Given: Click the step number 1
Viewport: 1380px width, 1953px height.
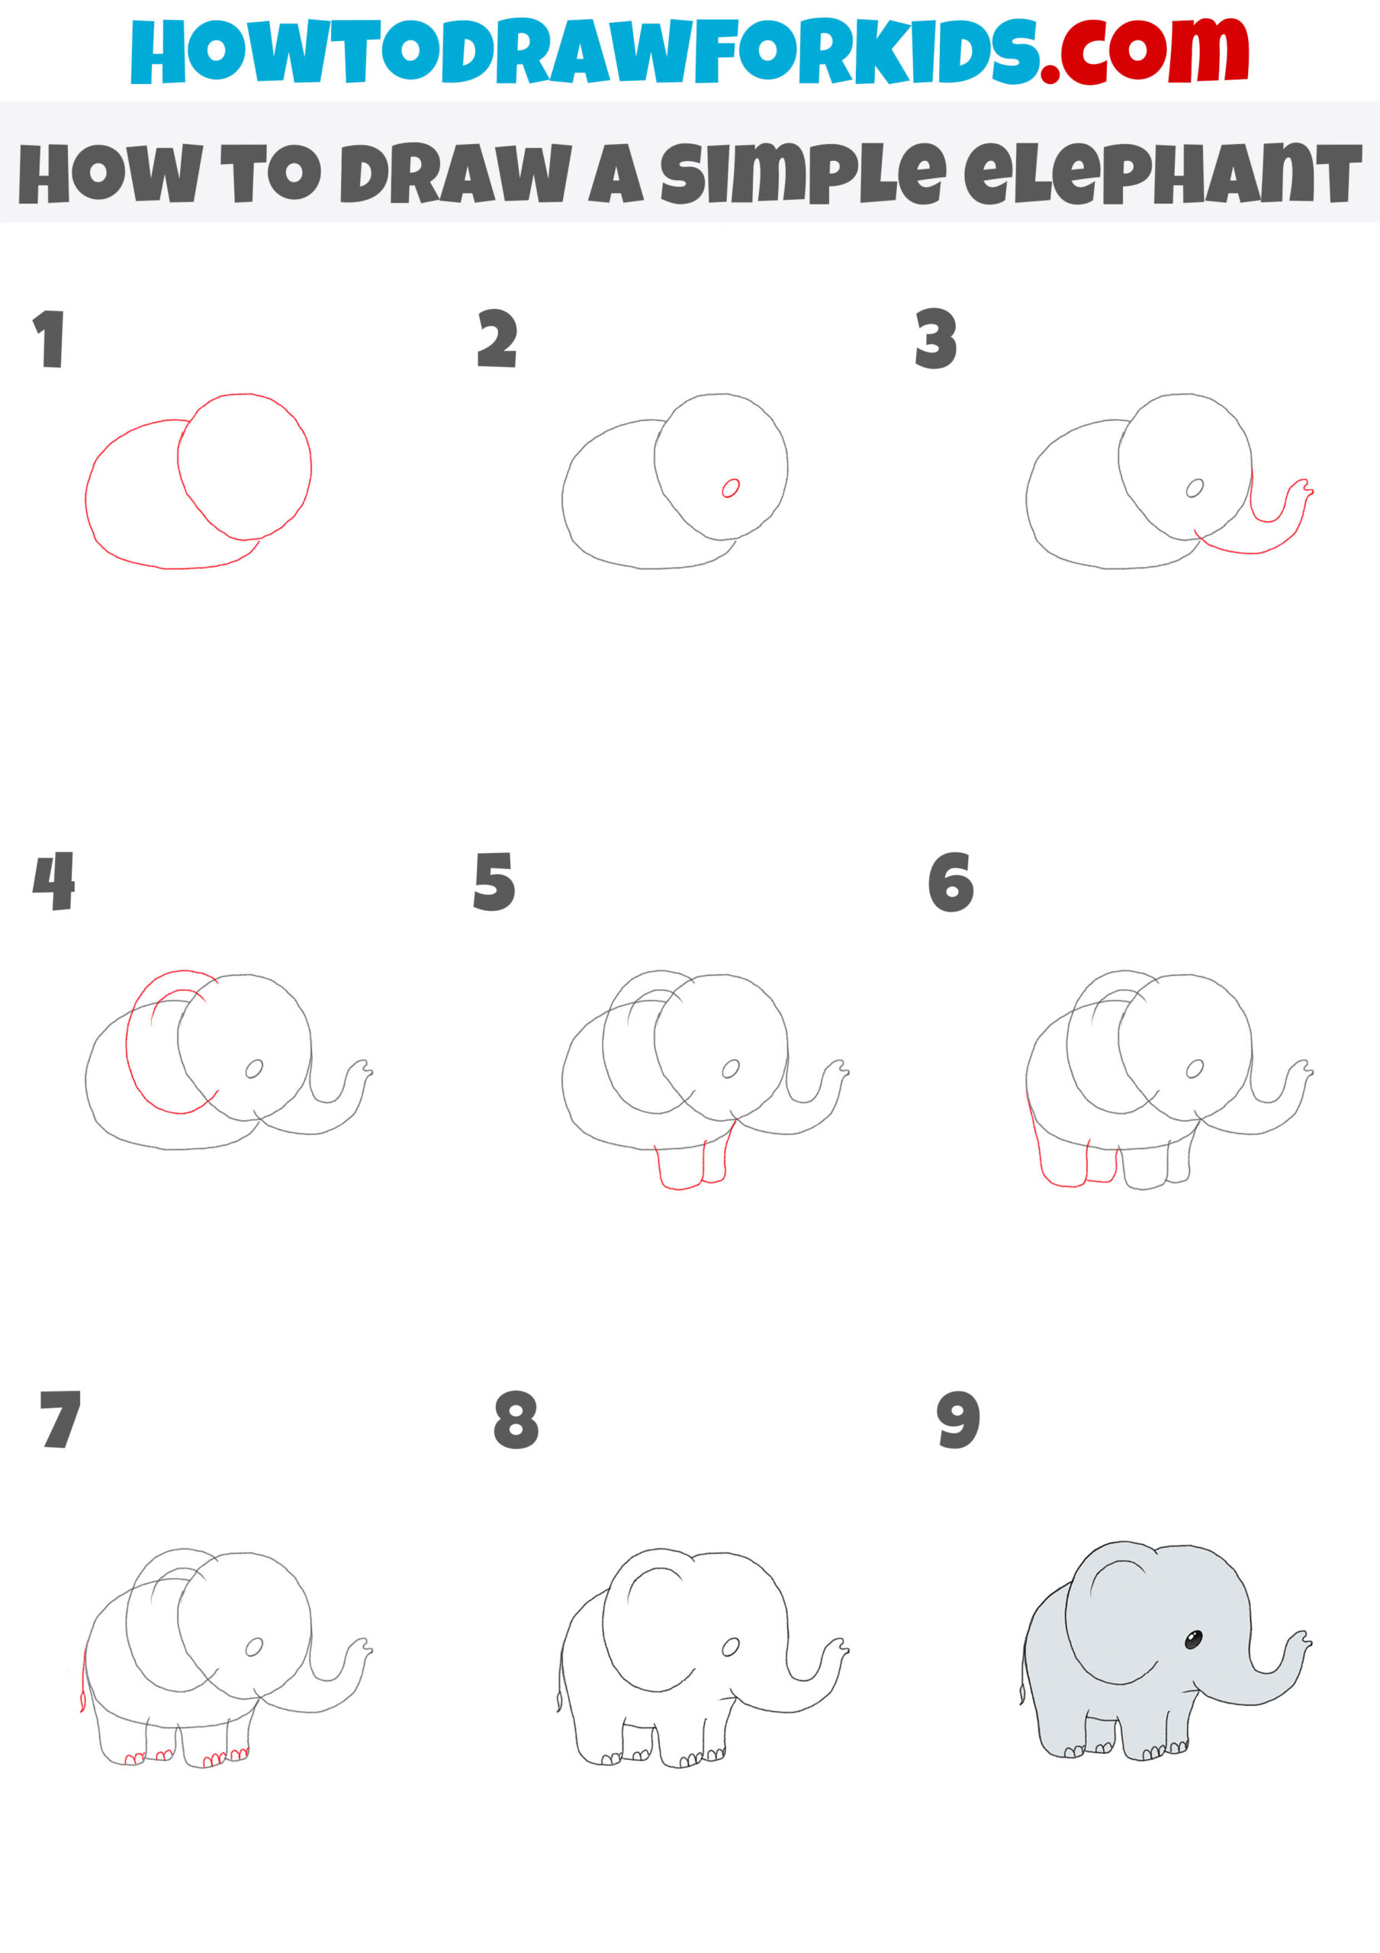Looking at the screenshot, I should (50, 339).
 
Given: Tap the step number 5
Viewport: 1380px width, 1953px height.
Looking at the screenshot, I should (494, 882).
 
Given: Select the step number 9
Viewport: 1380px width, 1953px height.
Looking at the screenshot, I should (958, 1420).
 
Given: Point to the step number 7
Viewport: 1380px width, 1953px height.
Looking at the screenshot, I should (60, 1420).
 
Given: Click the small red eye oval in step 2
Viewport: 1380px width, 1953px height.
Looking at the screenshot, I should (730, 488).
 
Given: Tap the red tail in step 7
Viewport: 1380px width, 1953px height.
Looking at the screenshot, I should (83, 1680).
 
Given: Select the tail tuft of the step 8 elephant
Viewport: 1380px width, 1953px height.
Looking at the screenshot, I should (559, 1701).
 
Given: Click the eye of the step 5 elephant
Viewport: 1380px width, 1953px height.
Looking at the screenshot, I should (730, 1070).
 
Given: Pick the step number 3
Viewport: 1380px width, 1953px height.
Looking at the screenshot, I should (936, 339).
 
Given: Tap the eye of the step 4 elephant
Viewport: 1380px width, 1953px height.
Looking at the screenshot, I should (253, 1070).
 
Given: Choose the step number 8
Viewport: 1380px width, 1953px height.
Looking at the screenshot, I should (516, 1420).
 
